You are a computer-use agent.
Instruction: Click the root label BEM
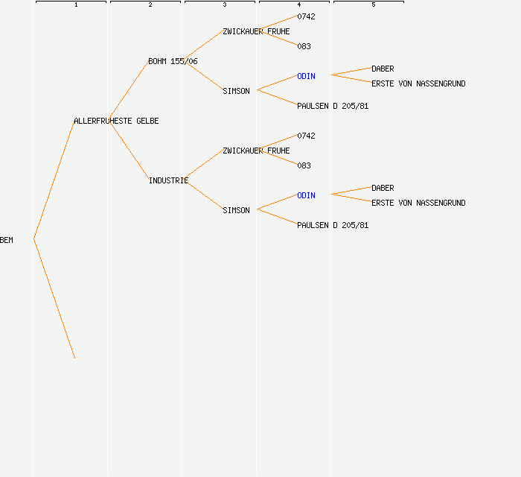7,240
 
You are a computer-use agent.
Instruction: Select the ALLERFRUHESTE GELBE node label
116,121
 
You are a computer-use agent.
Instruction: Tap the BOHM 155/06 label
173,61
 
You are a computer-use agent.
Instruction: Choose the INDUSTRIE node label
168,180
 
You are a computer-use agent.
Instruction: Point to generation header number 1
76,5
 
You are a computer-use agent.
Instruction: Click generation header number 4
299,5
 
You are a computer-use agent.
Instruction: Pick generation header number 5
374,5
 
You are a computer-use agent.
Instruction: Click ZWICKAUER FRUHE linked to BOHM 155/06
256,31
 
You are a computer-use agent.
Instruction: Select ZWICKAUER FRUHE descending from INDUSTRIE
256,151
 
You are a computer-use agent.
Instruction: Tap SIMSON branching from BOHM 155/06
236,91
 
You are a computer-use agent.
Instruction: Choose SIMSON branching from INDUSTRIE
236,210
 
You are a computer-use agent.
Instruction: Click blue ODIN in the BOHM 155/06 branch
306,76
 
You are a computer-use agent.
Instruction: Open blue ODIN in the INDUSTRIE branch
306,195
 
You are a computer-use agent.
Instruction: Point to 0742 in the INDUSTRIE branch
306,136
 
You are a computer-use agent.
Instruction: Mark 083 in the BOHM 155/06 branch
304,46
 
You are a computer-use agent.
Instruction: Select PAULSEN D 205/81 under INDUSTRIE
333,225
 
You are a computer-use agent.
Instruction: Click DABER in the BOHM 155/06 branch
383,69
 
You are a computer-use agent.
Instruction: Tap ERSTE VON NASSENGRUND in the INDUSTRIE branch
418,203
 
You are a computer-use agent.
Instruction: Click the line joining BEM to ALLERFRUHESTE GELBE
54,180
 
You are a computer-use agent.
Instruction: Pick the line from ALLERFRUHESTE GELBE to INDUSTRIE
130,151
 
